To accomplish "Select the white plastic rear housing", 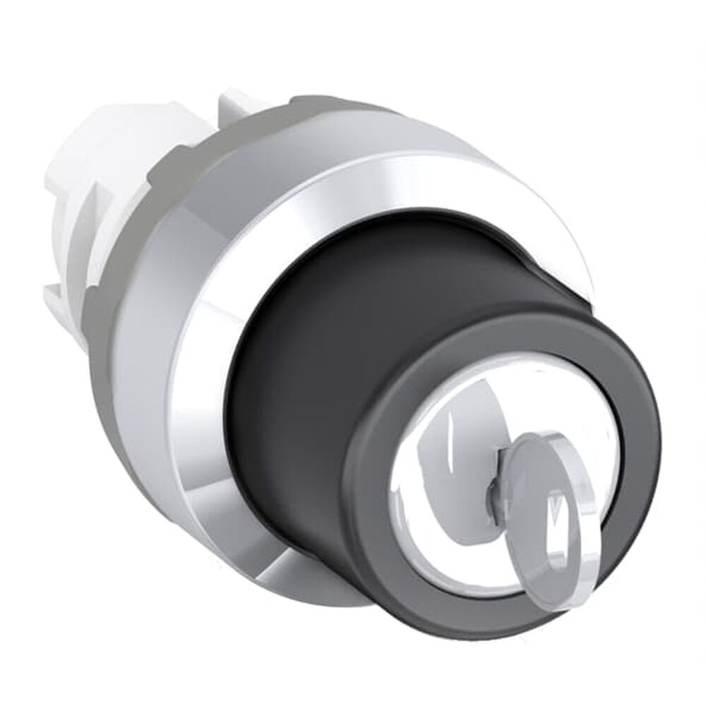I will pyautogui.click(x=71, y=212).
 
